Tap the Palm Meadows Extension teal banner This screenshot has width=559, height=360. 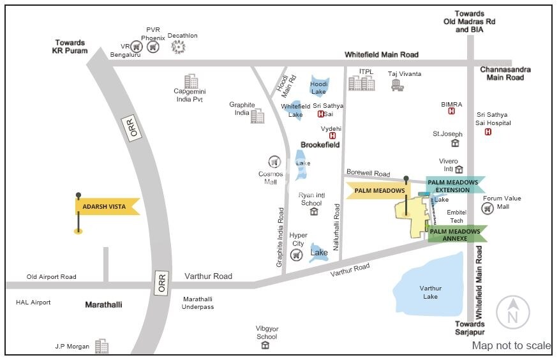coord(453,186)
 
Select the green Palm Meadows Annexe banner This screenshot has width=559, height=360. coord(455,234)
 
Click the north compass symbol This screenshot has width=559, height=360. coord(512,313)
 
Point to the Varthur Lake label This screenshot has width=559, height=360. coord(431,292)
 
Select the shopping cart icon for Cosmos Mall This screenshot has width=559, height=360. coord(274,161)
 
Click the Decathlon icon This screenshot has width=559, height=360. coord(179,47)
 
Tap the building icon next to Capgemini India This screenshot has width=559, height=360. coord(191,82)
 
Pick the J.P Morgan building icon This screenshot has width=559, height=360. coord(101,346)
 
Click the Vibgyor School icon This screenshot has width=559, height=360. coord(265,345)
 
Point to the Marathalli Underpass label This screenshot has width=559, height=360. coord(198,303)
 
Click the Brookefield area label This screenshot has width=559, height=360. coord(320,145)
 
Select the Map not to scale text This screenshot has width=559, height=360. coord(511,345)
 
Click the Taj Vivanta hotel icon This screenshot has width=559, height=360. coord(397,85)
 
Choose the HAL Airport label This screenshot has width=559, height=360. coord(33,302)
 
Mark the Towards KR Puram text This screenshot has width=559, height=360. coord(70,47)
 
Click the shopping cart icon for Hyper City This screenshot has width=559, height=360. coord(296,255)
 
